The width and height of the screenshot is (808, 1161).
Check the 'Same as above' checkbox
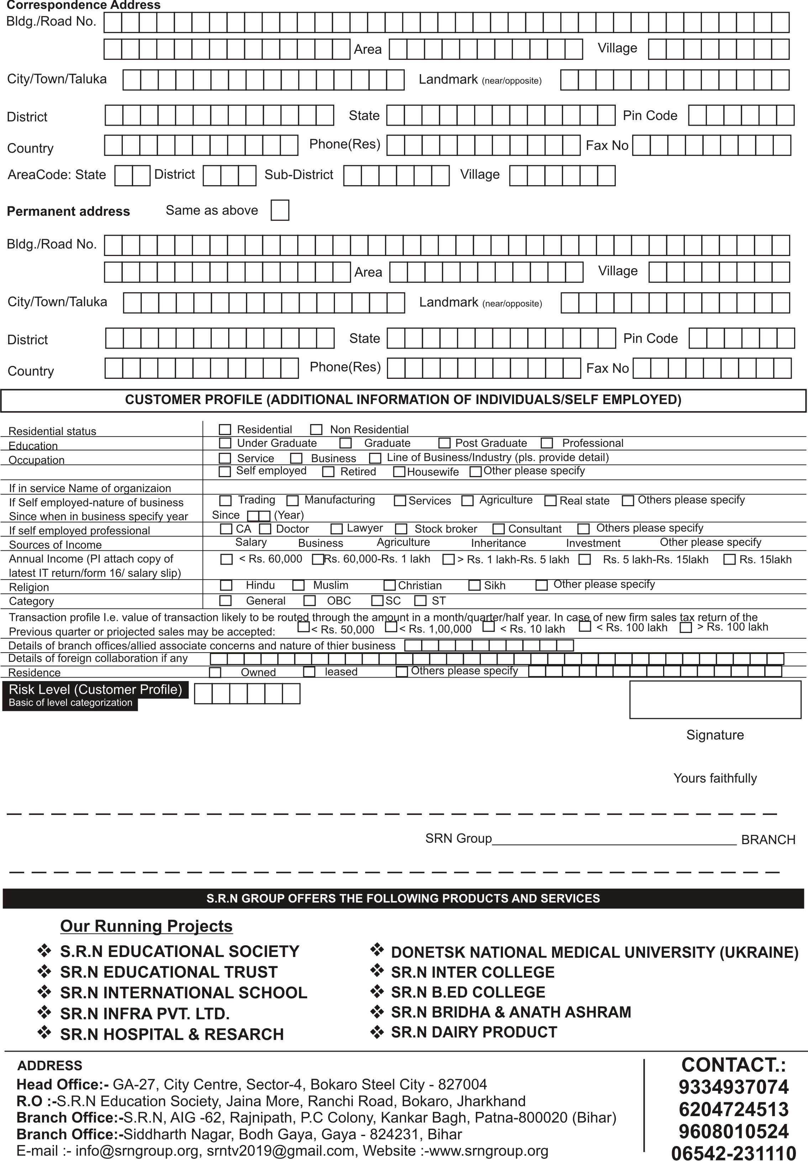click(280, 210)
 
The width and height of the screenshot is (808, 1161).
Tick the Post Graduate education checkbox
click(445, 443)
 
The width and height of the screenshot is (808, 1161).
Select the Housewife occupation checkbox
click(399, 472)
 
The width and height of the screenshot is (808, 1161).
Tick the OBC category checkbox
click(309, 601)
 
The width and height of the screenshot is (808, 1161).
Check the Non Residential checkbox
click(316, 430)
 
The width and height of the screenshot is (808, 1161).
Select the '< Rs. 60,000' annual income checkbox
click(226, 559)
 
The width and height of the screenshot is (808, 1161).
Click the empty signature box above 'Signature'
click(715, 699)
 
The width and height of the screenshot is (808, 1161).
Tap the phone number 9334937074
click(733, 1087)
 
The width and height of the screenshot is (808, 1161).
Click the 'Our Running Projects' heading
click(146, 926)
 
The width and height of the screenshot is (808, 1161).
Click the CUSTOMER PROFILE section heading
click(403, 400)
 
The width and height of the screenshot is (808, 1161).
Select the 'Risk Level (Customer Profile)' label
click(95, 690)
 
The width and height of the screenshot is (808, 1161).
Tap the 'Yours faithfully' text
click(715, 778)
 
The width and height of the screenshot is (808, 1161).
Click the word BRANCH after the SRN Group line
click(768, 840)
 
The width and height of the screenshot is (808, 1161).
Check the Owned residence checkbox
click(215, 673)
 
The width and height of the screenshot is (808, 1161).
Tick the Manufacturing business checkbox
click(293, 501)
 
